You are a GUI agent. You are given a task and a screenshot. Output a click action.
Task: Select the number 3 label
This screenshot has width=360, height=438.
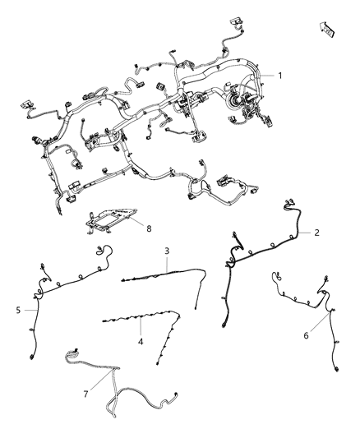coord(167,251)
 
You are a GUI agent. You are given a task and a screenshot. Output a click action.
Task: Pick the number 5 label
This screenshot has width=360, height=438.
coord(18,310)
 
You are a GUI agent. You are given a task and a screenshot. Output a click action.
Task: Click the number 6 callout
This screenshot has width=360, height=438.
coord(307,334)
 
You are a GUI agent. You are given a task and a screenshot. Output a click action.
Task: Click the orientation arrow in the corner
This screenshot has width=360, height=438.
coord(327,30)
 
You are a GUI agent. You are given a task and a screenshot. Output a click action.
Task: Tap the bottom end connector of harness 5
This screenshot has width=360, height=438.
coord(31,356)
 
